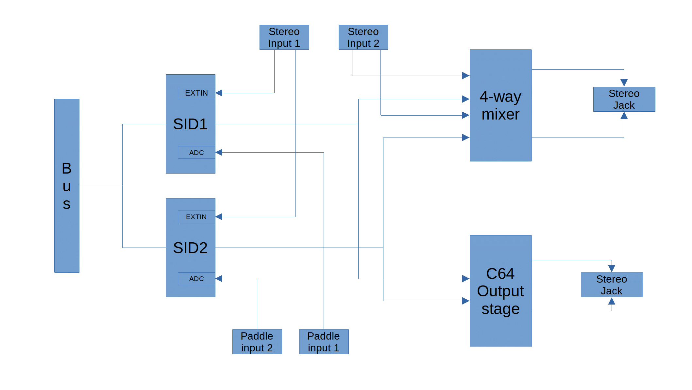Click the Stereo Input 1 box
pyautogui.click(x=284, y=37)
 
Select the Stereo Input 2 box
pyautogui.click(x=363, y=37)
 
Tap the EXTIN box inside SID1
pyautogui.click(x=196, y=93)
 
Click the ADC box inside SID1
pyautogui.click(x=196, y=153)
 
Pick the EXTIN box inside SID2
pyautogui.click(x=196, y=217)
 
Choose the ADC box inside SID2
pyautogui.click(x=196, y=279)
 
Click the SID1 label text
pyautogui.click(x=190, y=124)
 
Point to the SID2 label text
pyautogui.click(x=190, y=248)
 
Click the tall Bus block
pyautogui.click(x=67, y=186)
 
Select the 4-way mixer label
pyautogui.click(x=500, y=105)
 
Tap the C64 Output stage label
pyautogui.click(x=500, y=291)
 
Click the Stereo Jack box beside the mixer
pyautogui.click(x=624, y=99)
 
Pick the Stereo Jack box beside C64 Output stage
pyautogui.click(x=611, y=285)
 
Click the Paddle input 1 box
pyautogui.click(x=324, y=342)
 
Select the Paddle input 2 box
pyautogui.click(x=257, y=342)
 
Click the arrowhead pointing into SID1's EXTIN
pyautogui.click(x=219, y=93)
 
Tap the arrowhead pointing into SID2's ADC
pyautogui.click(x=219, y=279)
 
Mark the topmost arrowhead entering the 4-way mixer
pyautogui.click(x=466, y=76)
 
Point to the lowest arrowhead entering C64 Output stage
pyautogui.click(x=466, y=301)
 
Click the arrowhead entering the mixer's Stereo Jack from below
pyautogui.click(x=624, y=116)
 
